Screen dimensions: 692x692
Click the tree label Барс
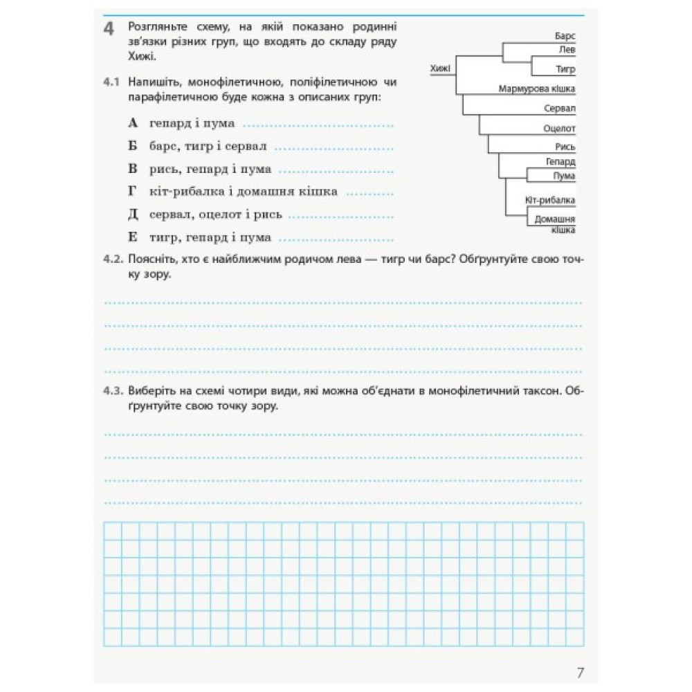point(565,35)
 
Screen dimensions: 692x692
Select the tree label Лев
point(567,50)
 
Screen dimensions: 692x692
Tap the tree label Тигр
point(565,69)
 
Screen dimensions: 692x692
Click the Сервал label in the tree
point(560,109)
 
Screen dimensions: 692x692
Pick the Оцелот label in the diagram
point(560,128)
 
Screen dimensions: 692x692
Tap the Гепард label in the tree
point(561,162)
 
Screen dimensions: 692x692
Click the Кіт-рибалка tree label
point(551,201)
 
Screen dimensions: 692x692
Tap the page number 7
point(581,671)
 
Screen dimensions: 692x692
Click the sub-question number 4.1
point(111,83)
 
